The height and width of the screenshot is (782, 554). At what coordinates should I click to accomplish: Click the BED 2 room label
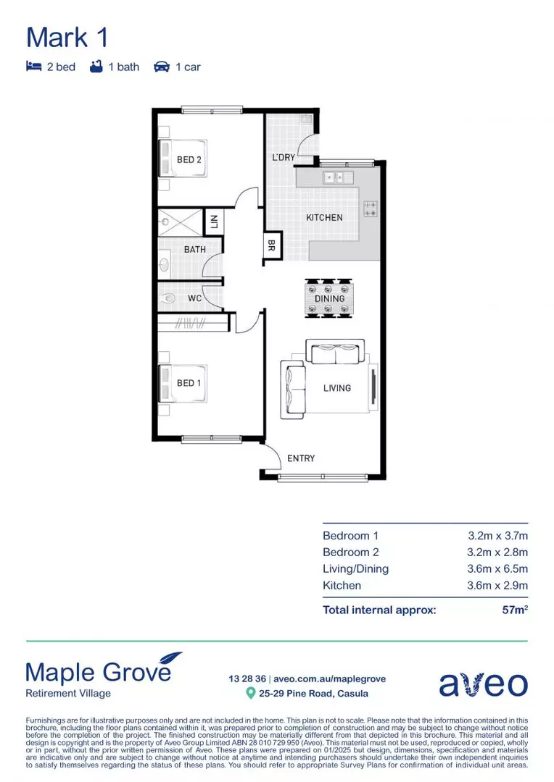pos(189,159)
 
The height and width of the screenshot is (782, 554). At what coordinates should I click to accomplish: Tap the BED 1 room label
pos(189,383)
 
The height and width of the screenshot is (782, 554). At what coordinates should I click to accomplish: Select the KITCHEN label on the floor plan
pos(324,217)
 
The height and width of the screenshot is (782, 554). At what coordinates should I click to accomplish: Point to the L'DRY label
pos(284,157)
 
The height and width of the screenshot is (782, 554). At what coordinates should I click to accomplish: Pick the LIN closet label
pos(215,221)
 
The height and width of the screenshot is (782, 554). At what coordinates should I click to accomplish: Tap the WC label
pos(194,298)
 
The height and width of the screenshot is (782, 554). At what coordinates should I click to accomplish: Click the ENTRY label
pos(301,458)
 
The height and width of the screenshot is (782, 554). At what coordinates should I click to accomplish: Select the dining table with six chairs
pos(328,298)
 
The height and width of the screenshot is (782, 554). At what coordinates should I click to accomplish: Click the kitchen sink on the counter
pos(338,177)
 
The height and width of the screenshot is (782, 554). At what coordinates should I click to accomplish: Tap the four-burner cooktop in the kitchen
pos(370,209)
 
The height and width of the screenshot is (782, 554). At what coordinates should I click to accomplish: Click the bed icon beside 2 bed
pos(33,67)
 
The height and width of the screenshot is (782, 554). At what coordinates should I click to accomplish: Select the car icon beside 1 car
pos(161,67)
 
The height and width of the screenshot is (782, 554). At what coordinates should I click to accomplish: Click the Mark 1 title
pos(67,37)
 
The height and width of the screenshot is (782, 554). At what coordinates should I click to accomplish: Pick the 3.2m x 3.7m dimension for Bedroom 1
pos(497,536)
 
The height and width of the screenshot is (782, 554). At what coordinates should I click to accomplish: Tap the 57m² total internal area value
pos(515,610)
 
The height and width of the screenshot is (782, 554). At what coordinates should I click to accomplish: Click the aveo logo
pos(483,684)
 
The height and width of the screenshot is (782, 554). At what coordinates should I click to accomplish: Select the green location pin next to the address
pos(251,694)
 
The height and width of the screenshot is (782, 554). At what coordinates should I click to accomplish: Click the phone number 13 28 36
pos(247,678)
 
